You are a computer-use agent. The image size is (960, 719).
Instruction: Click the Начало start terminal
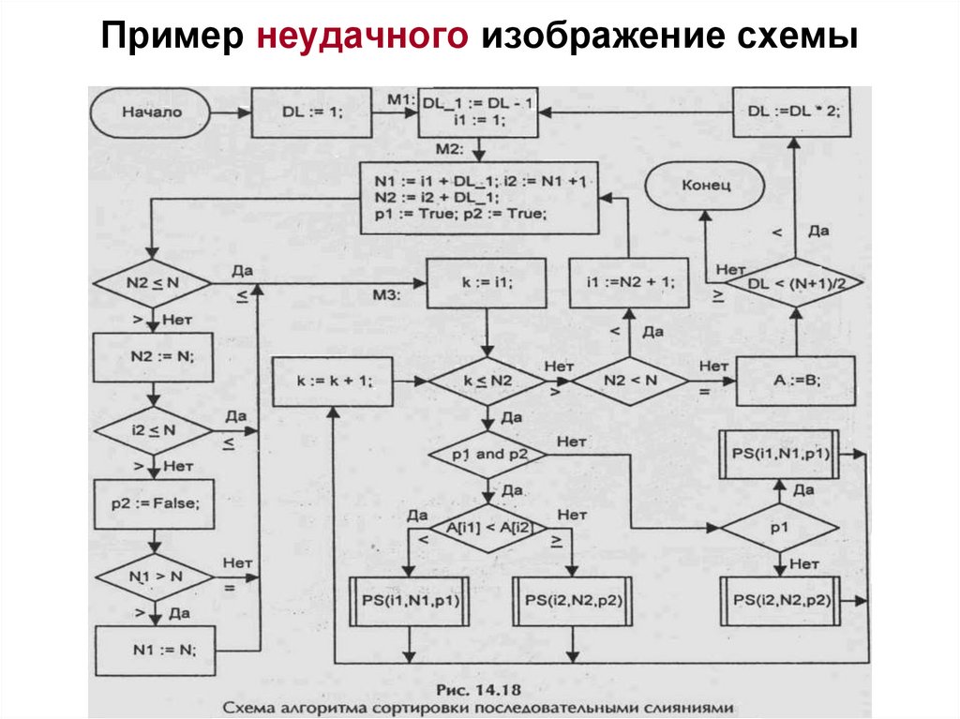pyautogui.click(x=151, y=112)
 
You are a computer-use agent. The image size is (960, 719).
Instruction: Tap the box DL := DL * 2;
pyautogui.click(x=793, y=112)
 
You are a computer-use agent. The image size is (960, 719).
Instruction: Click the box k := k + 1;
pyautogui.click(x=334, y=382)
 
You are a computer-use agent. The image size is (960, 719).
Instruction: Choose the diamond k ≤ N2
pyautogui.click(x=487, y=382)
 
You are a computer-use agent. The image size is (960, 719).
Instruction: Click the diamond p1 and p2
pyautogui.click(x=487, y=453)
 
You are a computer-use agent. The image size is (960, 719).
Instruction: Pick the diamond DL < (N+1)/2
pyautogui.click(x=793, y=282)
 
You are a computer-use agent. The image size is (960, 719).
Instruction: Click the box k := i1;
pyautogui.click(x=487, y=281)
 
